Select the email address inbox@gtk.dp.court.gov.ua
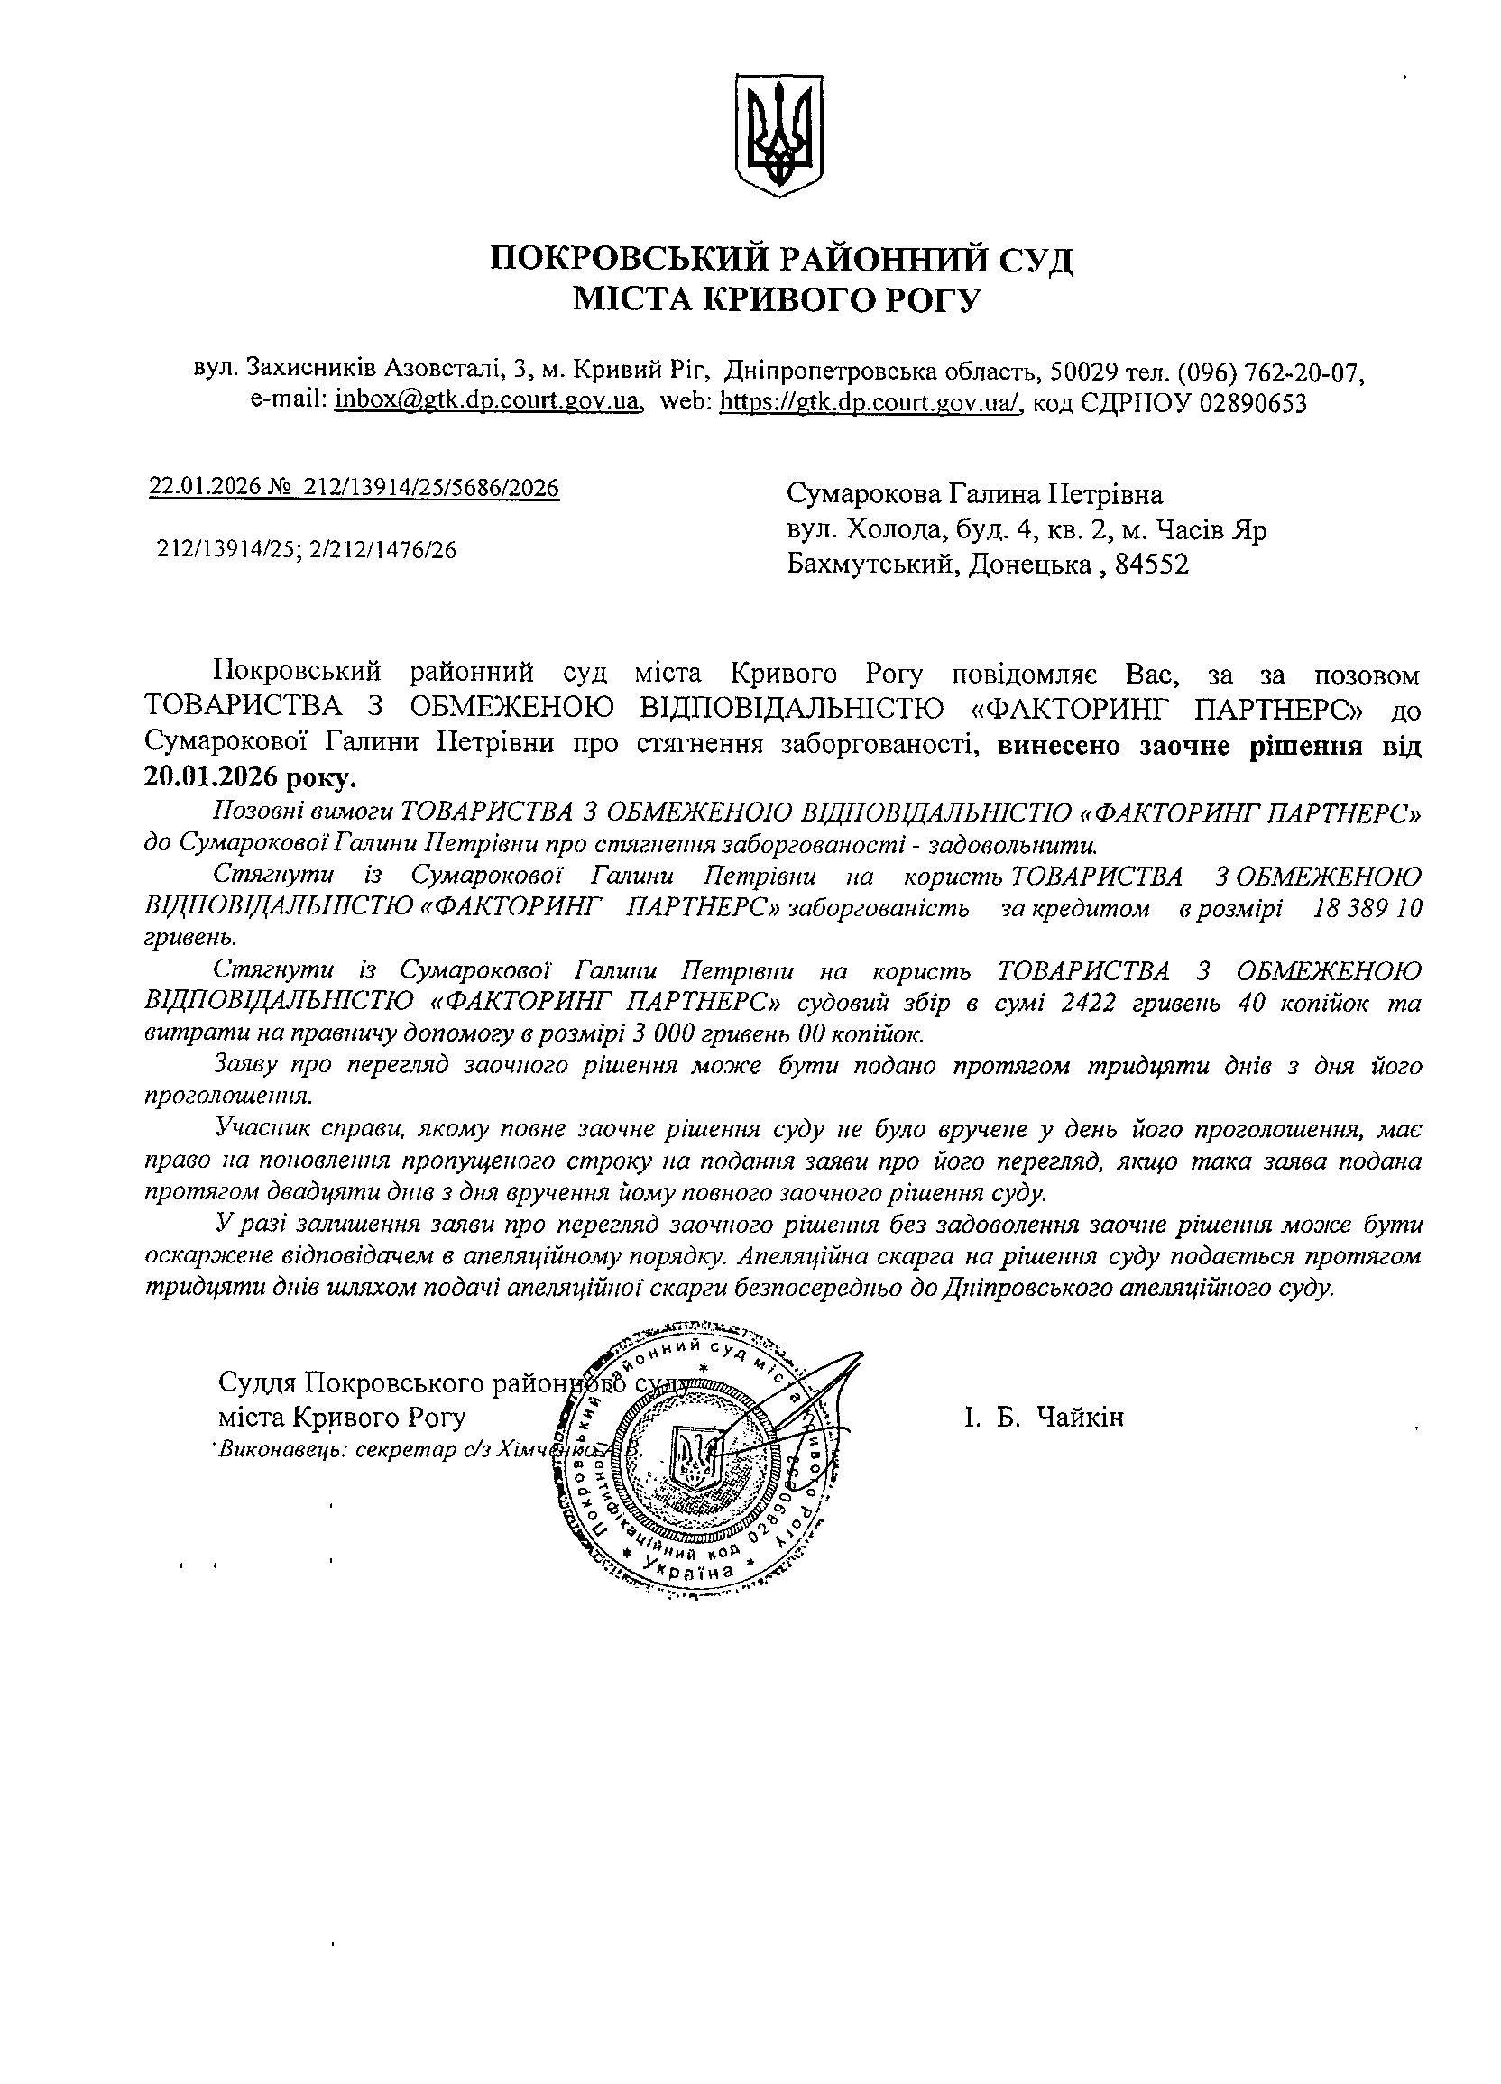(487, 402)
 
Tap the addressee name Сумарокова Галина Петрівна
(974, 494)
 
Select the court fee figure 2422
(1089, 1003)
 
